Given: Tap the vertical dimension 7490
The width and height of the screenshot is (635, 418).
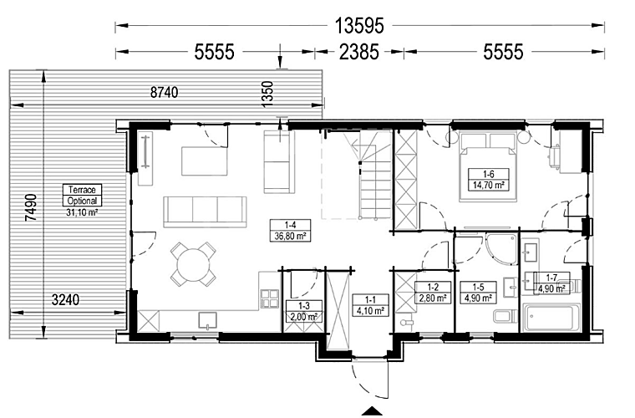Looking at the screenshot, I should [31, 205].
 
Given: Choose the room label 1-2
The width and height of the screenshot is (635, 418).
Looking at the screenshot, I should [431, 292].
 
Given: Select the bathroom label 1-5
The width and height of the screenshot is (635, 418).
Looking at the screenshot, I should [479, 292].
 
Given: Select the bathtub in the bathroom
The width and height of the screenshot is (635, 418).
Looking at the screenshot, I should [551, 319].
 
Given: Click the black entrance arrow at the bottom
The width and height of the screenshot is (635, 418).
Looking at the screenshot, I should [370, 410].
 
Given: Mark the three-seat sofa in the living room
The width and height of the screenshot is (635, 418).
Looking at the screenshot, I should [205, 207].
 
